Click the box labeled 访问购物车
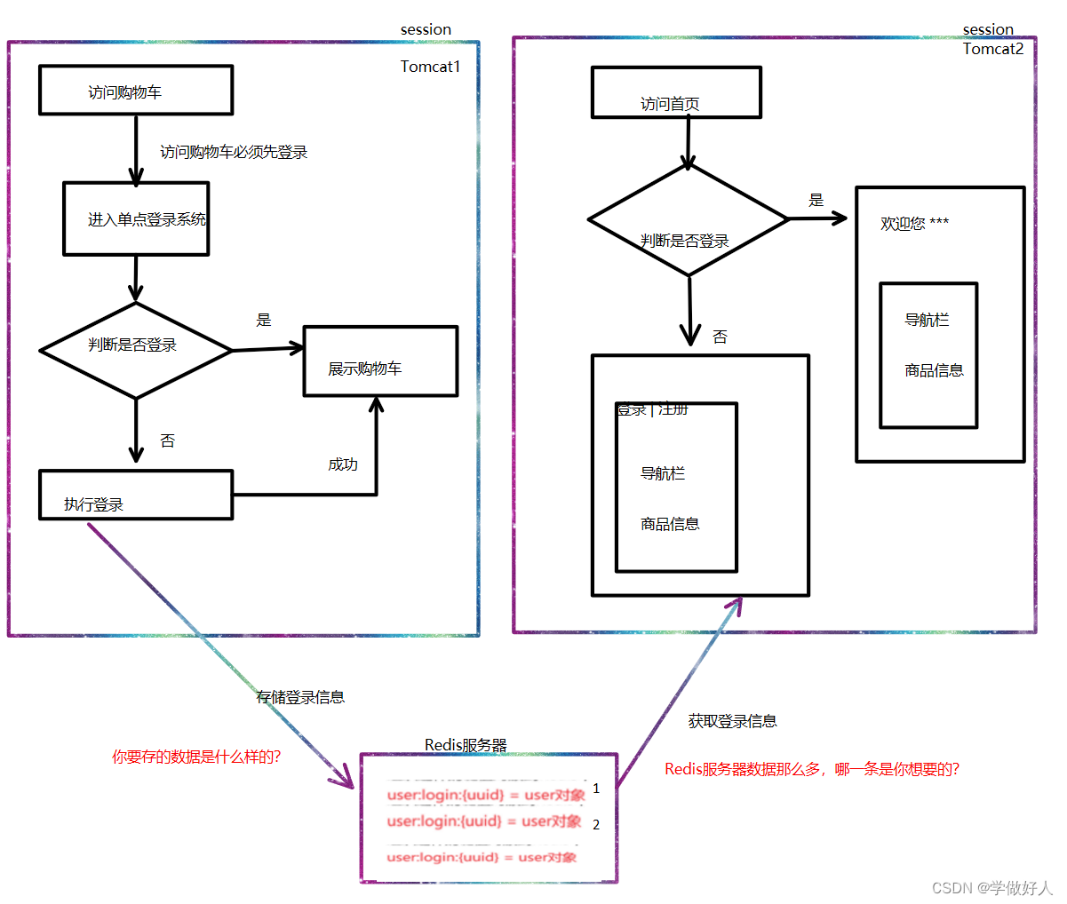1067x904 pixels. pos(136,91)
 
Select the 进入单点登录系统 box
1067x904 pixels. pos(136,219)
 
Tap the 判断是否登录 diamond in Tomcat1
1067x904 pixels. pos(135,350)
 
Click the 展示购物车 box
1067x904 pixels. pos(380,361)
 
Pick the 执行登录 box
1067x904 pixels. pos(135,496)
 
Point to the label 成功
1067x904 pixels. pos(343,464)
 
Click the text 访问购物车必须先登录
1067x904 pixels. pos(234,153)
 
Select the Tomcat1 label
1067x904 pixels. pos(430,67)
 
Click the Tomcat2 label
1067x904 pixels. pos(993,49)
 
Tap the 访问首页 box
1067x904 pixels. pos(676,93)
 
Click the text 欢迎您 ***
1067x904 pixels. pos(914,224)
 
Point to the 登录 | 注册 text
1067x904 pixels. pos(653,409)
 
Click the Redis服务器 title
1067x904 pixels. pos(466,745)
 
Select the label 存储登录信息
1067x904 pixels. pos(300,697)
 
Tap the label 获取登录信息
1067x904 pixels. pos(732,721)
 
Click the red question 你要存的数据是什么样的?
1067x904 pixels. pos(196,757)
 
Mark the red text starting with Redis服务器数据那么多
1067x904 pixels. pos(812,769)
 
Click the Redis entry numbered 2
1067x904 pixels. pos(484,821)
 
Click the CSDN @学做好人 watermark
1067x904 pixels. pos(991,888)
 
